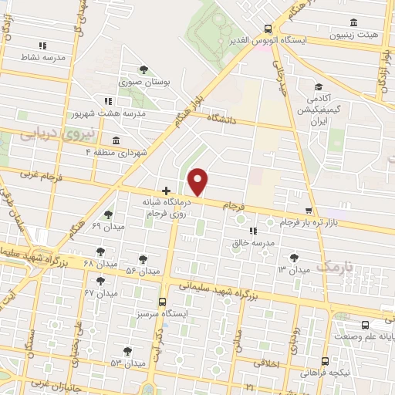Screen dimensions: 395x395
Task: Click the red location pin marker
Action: (x=198, y=181)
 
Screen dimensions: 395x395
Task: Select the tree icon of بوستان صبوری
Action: (x=143, y=69)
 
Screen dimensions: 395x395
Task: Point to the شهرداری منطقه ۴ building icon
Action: (x=116, y=140)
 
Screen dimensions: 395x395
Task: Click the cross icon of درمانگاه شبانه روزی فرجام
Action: (x=166, y=190)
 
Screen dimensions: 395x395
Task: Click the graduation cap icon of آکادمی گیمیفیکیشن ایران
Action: (x=318, y=87)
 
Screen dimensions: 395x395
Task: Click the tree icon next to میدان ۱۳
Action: (x=293, y=258)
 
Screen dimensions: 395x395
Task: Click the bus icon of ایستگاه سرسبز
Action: (x=162, y=302)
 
